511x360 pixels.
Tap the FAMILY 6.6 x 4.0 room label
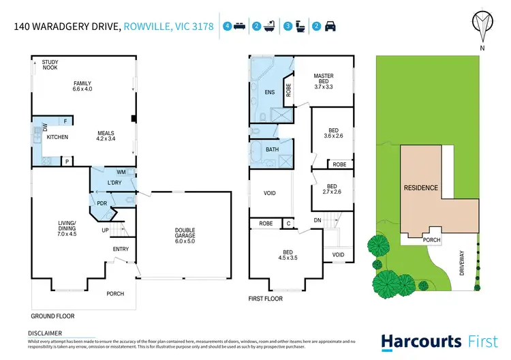(x=82, y=87)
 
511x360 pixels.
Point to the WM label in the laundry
(x=121, y=172)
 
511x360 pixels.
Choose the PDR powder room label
(x=102, y=202)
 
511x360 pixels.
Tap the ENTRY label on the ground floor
(x=121, y=249)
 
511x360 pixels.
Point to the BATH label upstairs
(x=272, y=149)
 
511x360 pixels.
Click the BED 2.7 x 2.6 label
(x=332, y=190)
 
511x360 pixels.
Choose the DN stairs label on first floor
(x=317, y=221)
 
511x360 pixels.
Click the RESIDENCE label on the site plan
(x=420, y=187)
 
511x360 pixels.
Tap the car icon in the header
(x=329, y=27)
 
